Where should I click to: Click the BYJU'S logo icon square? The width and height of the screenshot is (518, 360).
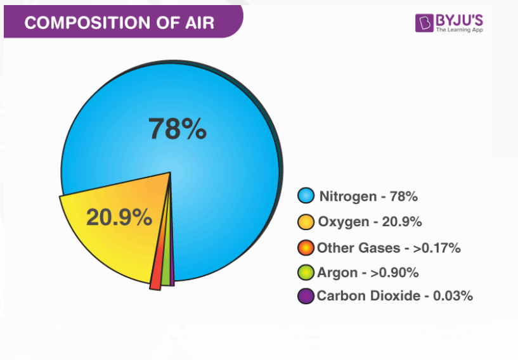424,23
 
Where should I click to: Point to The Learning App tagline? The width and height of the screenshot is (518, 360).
460,30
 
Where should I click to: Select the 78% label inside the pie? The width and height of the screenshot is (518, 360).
178,129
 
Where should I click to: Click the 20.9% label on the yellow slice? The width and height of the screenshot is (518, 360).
119,217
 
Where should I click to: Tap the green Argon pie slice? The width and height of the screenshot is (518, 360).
167,257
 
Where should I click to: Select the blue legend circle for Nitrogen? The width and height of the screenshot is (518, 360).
306,195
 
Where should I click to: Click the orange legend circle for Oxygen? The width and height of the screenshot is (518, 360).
306,222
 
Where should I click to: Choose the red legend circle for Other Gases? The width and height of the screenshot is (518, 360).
306,248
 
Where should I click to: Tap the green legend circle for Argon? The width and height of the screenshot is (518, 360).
306,273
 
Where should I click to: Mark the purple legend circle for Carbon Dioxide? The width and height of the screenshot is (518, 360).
306,296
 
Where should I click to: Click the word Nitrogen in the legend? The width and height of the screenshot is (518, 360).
348,197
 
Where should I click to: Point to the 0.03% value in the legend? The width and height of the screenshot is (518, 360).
453,295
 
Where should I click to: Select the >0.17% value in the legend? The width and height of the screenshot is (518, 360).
437,248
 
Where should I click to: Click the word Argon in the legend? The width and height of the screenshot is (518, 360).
337,273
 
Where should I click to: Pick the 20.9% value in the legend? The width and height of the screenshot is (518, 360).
402,222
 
